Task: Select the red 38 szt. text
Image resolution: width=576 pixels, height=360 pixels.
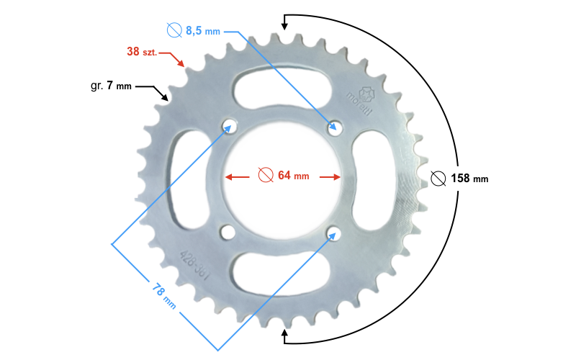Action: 143,52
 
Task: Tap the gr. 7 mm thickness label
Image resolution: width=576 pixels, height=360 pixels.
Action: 111,86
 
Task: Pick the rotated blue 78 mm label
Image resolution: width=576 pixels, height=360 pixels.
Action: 164,292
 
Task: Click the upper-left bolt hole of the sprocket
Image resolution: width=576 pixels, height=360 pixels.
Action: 230,126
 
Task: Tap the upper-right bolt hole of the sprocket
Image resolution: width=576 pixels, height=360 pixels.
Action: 333,127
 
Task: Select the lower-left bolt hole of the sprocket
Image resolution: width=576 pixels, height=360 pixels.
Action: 228,232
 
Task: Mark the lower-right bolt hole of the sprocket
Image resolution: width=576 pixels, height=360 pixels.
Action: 333,232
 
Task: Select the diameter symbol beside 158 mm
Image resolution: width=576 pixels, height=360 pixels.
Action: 437,179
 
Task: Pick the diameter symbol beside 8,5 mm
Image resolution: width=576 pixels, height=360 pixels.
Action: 174,30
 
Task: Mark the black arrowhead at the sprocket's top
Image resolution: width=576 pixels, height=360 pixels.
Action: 284,26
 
